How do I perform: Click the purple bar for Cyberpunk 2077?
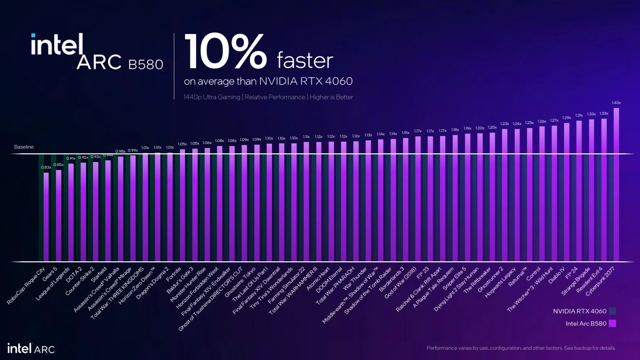click(616, 184)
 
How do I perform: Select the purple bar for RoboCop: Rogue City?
click(46, 216)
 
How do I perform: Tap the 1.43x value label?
click(616, 103)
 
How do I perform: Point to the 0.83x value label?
click(46, 168)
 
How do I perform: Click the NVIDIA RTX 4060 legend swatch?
click(612, 311)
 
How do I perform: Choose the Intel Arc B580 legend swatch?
click(612, 324)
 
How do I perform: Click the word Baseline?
click(24, 147)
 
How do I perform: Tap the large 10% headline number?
click(225, 52)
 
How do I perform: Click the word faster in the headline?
click(305, 61)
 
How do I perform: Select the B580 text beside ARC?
click(146, 64)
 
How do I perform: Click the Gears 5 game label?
click(50, 274)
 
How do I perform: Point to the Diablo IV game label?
click(557, 275)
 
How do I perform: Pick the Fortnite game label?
click(174, 274)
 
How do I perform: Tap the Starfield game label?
click(99, 274)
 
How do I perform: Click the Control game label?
click(534, 274)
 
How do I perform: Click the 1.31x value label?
click(579, 116)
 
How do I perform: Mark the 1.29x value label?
click(566, 118)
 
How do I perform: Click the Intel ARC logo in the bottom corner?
click(31, 349)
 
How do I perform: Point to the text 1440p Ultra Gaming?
click(212, 97)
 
